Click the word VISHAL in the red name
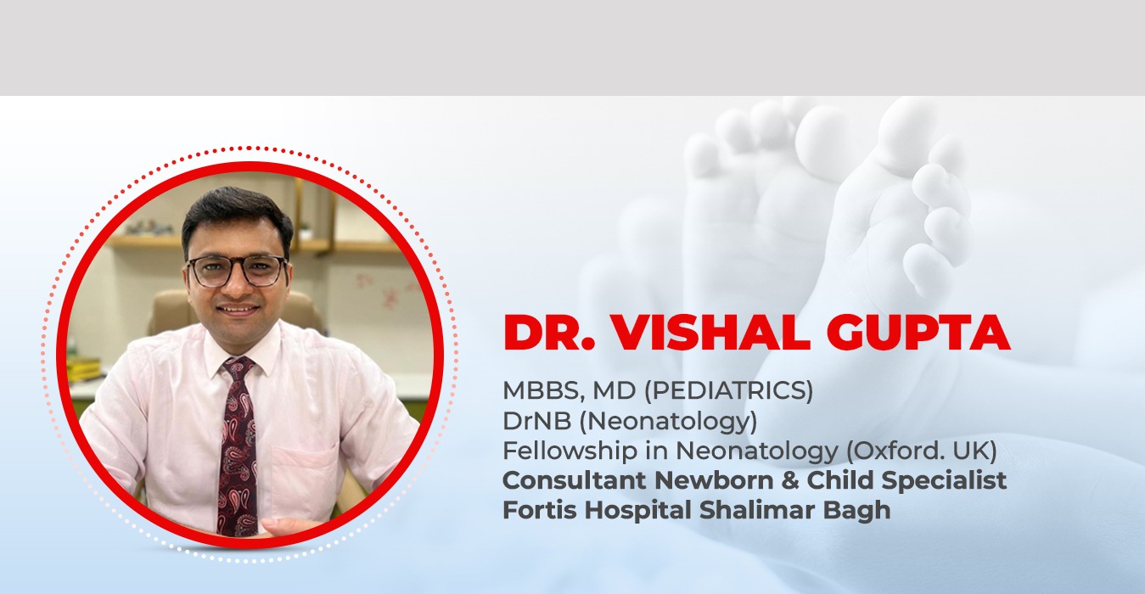point(710,333)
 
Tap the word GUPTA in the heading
point(918,333)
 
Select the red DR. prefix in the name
point(549,333)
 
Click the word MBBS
point(544,391)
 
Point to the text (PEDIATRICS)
point(728,391)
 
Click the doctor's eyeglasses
point(237,271)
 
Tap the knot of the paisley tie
point(238,367)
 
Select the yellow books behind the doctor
point(84,369)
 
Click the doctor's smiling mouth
point(238,309)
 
